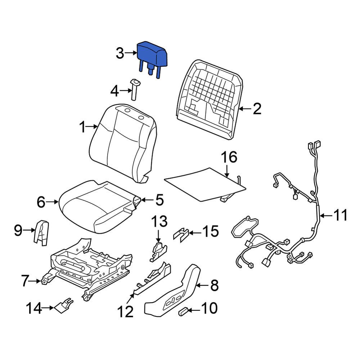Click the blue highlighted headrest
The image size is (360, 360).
coord(153,55)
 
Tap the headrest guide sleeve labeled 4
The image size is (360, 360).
coord(135,90)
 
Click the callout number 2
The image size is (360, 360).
coord(257,108)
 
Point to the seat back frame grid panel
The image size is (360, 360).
coord(209,99)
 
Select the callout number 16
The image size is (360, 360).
coord(229,157)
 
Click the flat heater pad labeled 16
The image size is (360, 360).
coord(203,184)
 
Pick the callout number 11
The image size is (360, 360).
coord(341,216)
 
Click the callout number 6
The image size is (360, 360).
coord(42,202)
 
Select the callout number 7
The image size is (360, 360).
coord(25,281)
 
